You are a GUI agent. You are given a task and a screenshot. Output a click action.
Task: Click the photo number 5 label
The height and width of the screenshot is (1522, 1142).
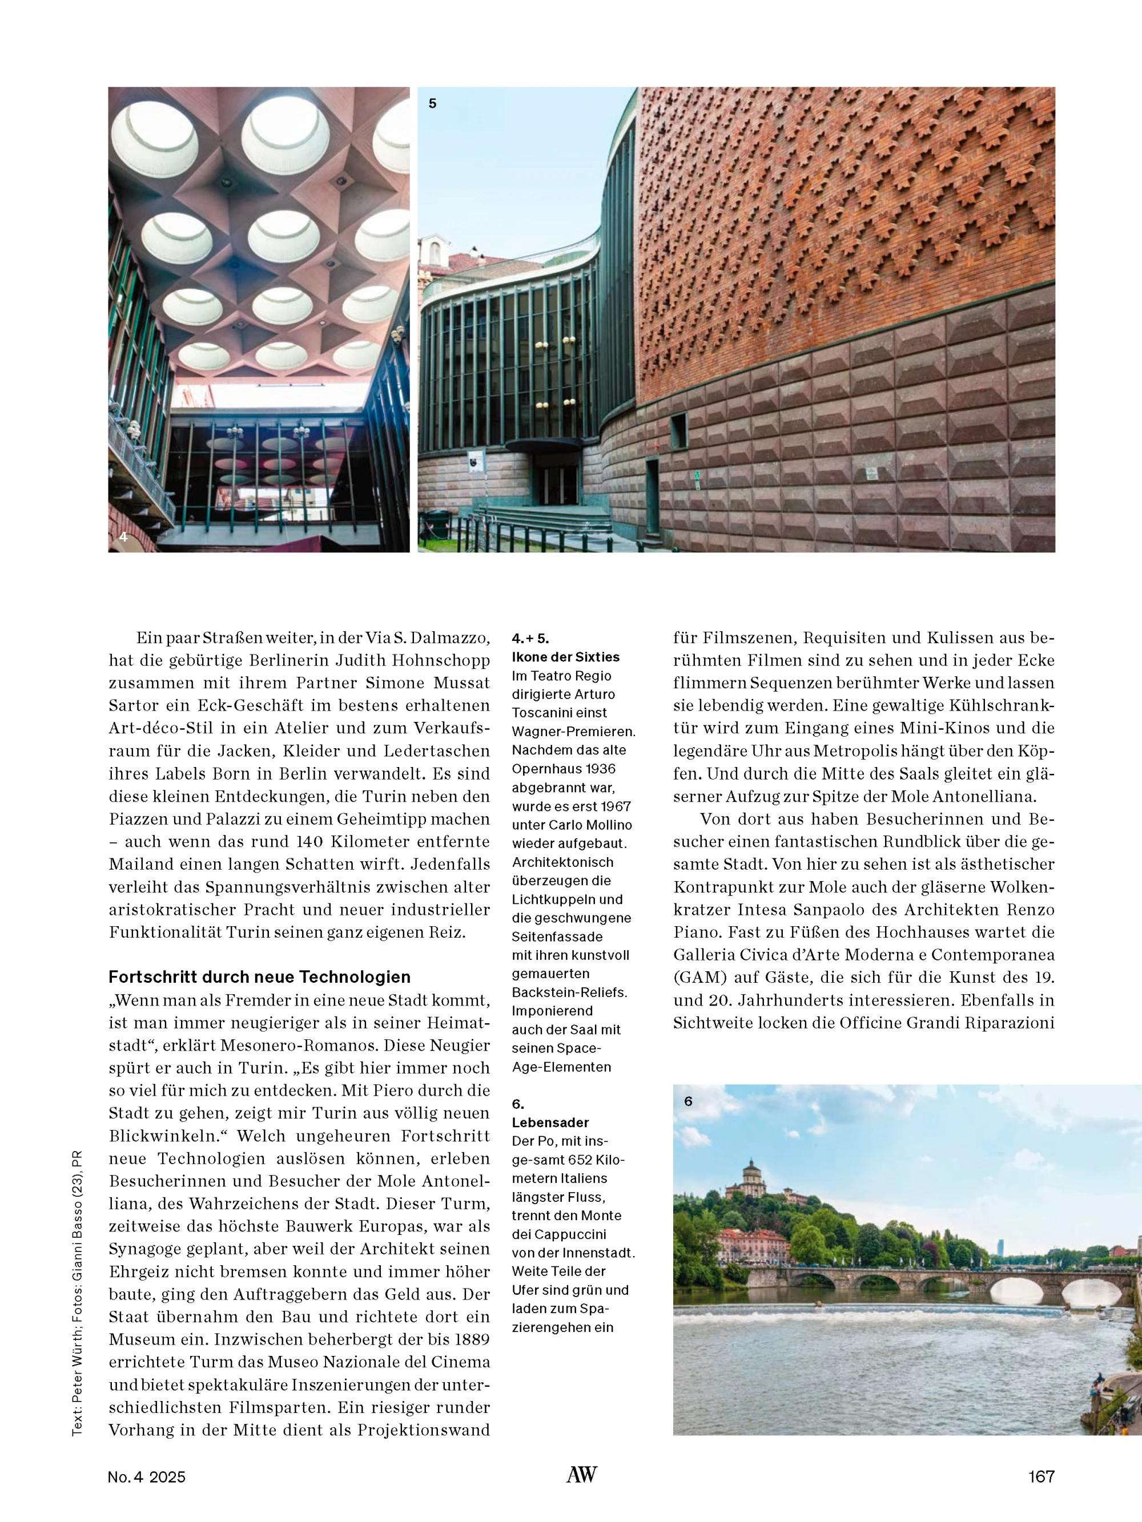[x=432, y=104]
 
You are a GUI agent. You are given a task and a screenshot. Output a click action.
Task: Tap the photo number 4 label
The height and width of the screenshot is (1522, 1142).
[x=123, y=536]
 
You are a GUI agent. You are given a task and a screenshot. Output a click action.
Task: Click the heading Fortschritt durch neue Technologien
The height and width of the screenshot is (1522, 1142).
[x=259, y=977]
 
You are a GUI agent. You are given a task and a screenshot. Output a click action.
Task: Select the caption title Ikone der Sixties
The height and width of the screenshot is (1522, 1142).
[x=565, y=657]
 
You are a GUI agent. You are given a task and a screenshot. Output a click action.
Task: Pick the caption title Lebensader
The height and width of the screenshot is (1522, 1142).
[x=550, y=1122]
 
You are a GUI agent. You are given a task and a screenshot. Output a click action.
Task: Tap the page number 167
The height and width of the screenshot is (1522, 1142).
[x=1041, y=1476]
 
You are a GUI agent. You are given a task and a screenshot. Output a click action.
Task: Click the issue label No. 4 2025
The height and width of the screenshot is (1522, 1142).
[x=147, y=1476]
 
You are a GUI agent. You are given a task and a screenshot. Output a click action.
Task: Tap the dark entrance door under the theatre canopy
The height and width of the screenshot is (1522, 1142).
[x=550, y=486]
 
